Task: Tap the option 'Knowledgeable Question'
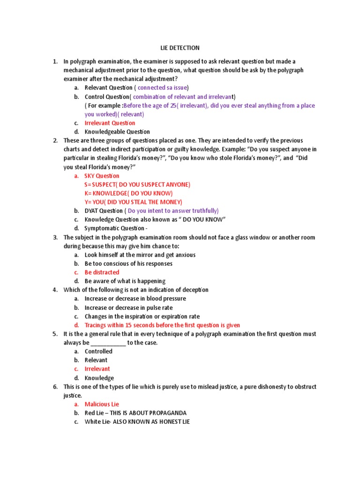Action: [117, 132]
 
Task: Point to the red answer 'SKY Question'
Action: [102, 176]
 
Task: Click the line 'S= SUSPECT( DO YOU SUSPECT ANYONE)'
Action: [137, 185]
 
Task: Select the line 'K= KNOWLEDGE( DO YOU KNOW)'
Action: [128, 193]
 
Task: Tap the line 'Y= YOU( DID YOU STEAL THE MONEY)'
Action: [133, 202]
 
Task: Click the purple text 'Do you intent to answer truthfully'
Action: [172, 211]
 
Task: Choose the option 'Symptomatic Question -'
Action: [115, 228]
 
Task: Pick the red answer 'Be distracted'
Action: [102, 272]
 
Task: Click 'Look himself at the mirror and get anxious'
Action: [140, 255]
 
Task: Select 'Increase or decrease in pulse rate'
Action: [128, 307]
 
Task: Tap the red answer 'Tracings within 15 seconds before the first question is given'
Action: [162, 325]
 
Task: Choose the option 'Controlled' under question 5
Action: [98, 351]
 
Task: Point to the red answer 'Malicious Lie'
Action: [102, 404]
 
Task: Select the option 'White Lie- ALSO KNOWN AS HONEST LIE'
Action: [137, 421]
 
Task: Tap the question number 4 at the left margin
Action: [55, 290]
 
